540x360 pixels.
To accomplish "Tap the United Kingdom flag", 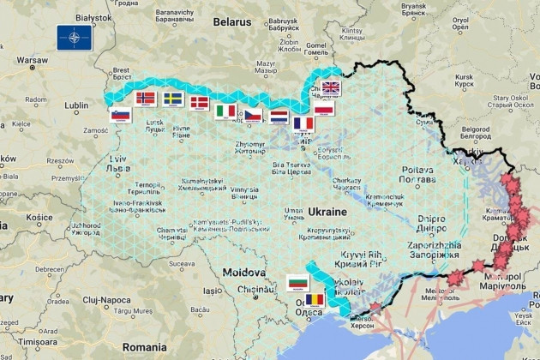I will pyautogui.click(x=331, y=87).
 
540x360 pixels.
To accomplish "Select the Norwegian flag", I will pyautogui.click(x=147, y=98).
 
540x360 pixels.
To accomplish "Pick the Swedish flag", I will pyautogui.click(x=173, y=99).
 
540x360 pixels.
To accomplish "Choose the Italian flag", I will pyautogui.click(x=226, y=111).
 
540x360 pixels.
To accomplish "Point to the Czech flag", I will pyautogui.click(x=252, y=115).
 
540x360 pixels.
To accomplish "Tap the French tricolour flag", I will pyautogui.click(x=303, y=123).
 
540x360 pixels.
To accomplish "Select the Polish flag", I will pyautogui.click(x=324, y=110).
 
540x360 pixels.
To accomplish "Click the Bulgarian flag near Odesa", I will pyautogui.click(x=297, y=282).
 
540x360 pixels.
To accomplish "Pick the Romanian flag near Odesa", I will pyautogui.click(x=315, y=299).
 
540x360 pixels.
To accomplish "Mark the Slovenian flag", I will pyautogui.click(x=120, y=116).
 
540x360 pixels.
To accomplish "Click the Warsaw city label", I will pyautogui.click(x=32, y=61).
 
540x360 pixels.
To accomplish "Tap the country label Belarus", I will pyautogui.click(x=232, y=21).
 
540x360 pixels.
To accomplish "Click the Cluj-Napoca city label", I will pyautogui.click(x=108, y=300).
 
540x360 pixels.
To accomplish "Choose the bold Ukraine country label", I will pyautogui.click(x=327, y=211).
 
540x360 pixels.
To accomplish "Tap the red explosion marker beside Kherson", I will pyautogui.click(x=375, y=307).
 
